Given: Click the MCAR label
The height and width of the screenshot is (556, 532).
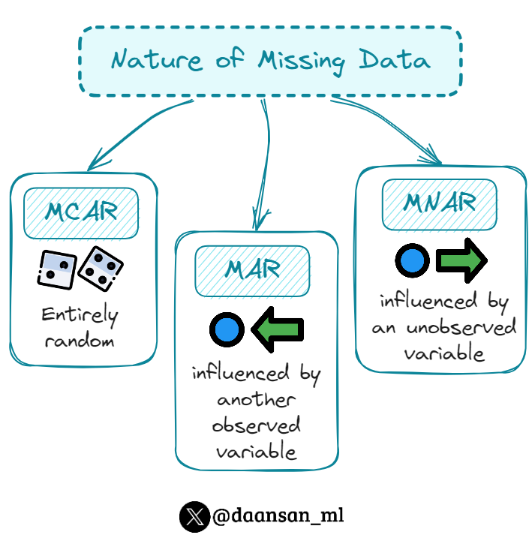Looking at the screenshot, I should click(81, 212).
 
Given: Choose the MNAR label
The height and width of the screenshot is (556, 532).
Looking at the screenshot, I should click(439, 203).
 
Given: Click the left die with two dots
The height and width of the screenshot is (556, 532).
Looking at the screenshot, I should click(56, 269).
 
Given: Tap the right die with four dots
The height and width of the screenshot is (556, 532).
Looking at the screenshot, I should click(101, 267).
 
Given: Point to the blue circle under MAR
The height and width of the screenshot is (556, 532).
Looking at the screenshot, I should click(227, 329).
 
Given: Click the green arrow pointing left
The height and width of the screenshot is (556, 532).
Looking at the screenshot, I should click(277, 329).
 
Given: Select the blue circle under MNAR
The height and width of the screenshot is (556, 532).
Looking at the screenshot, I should click(412, 261).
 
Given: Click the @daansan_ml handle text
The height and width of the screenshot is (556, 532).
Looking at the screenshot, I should click(278, 516).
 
